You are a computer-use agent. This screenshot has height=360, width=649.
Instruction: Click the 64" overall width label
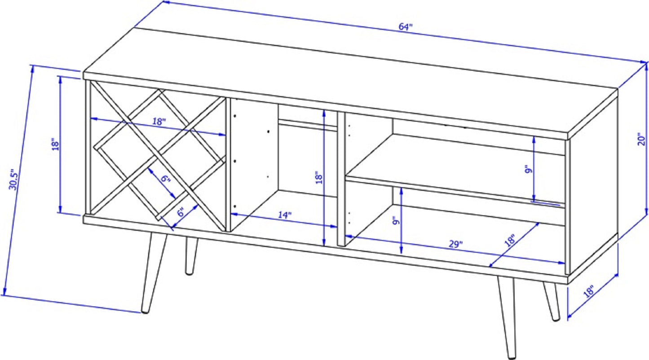pyautogui.click(x=405, y=26)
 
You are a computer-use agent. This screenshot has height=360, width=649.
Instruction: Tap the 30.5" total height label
pyautogui.click(x=14, y=180)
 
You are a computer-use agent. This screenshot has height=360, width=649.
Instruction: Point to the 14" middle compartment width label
pyautogui.click(x=284, y=215)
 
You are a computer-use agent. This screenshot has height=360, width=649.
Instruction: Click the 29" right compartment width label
pyautogui.click(x=456, y=244)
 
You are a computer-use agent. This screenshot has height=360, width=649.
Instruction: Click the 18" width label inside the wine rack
pyautogui.click(x=159, y=121)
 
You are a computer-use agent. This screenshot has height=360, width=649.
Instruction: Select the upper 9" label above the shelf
pyautogui.click(x=529, y=169)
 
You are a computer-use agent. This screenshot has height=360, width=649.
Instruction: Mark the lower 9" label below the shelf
pyautogui.click(x=396, y=222)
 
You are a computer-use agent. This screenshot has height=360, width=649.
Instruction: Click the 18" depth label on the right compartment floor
pyautogui.click(x=510, y=240)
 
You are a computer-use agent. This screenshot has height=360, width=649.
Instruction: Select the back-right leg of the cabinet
pyautogui.click(x=552, y=301)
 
